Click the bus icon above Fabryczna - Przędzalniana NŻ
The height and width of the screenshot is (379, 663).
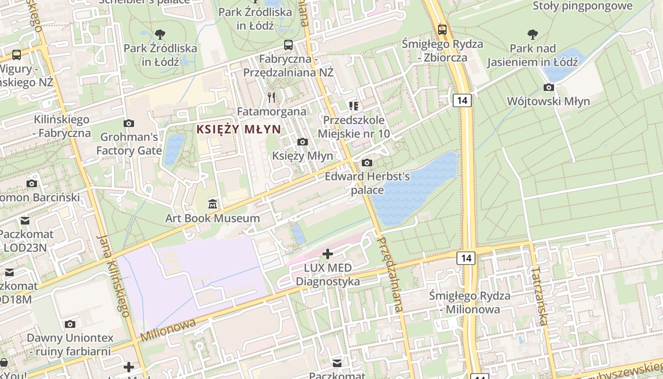(x=288, y=45)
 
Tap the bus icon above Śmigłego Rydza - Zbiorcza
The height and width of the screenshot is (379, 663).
(x=442, y=29)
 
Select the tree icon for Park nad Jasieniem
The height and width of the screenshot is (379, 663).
(x=533, y=34)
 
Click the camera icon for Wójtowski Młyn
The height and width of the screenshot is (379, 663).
(x=549, y=87)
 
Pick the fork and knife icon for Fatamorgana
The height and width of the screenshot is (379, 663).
(x=271, y=98)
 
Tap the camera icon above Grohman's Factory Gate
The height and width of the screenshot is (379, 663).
(x=128, y=123)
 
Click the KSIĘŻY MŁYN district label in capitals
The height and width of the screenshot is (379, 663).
(x=239, y=129)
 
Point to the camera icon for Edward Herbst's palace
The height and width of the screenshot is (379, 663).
(x=367, y=162)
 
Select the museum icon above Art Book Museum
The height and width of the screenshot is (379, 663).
(x=213, y=204)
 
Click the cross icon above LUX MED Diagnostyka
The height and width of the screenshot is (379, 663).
(x=328, y=254)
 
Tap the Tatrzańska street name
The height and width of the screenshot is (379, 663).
(x=539, y=296)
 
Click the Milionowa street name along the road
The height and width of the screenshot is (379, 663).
(x=168, y=330)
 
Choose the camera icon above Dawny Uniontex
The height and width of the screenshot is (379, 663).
(x=70, y=324)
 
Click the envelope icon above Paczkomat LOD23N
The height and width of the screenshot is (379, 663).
(x=25, y=220)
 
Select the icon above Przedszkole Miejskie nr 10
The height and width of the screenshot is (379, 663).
(x=353, y=106)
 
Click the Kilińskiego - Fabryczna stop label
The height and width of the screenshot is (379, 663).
(x=62, y=126)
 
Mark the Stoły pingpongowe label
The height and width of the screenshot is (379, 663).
(x=582, y=6)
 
